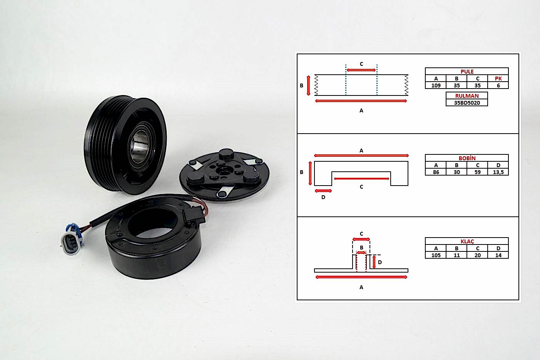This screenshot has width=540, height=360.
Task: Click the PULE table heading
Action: coord(467,72)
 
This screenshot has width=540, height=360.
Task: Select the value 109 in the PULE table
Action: coord(436,85)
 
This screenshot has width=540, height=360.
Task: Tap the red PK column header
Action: coord(498,79)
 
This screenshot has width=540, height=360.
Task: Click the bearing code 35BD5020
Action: coord(467,103)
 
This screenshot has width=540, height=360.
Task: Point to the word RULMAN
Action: coord(467,96)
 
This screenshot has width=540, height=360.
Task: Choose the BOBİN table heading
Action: coord(467,158)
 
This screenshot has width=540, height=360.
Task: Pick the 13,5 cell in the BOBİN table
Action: coord(498,172)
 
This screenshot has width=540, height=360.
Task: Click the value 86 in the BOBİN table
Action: coord(436,172)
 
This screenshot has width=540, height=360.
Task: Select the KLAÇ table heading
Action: coord(467,241)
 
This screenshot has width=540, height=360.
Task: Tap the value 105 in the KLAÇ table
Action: coord(436,255)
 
